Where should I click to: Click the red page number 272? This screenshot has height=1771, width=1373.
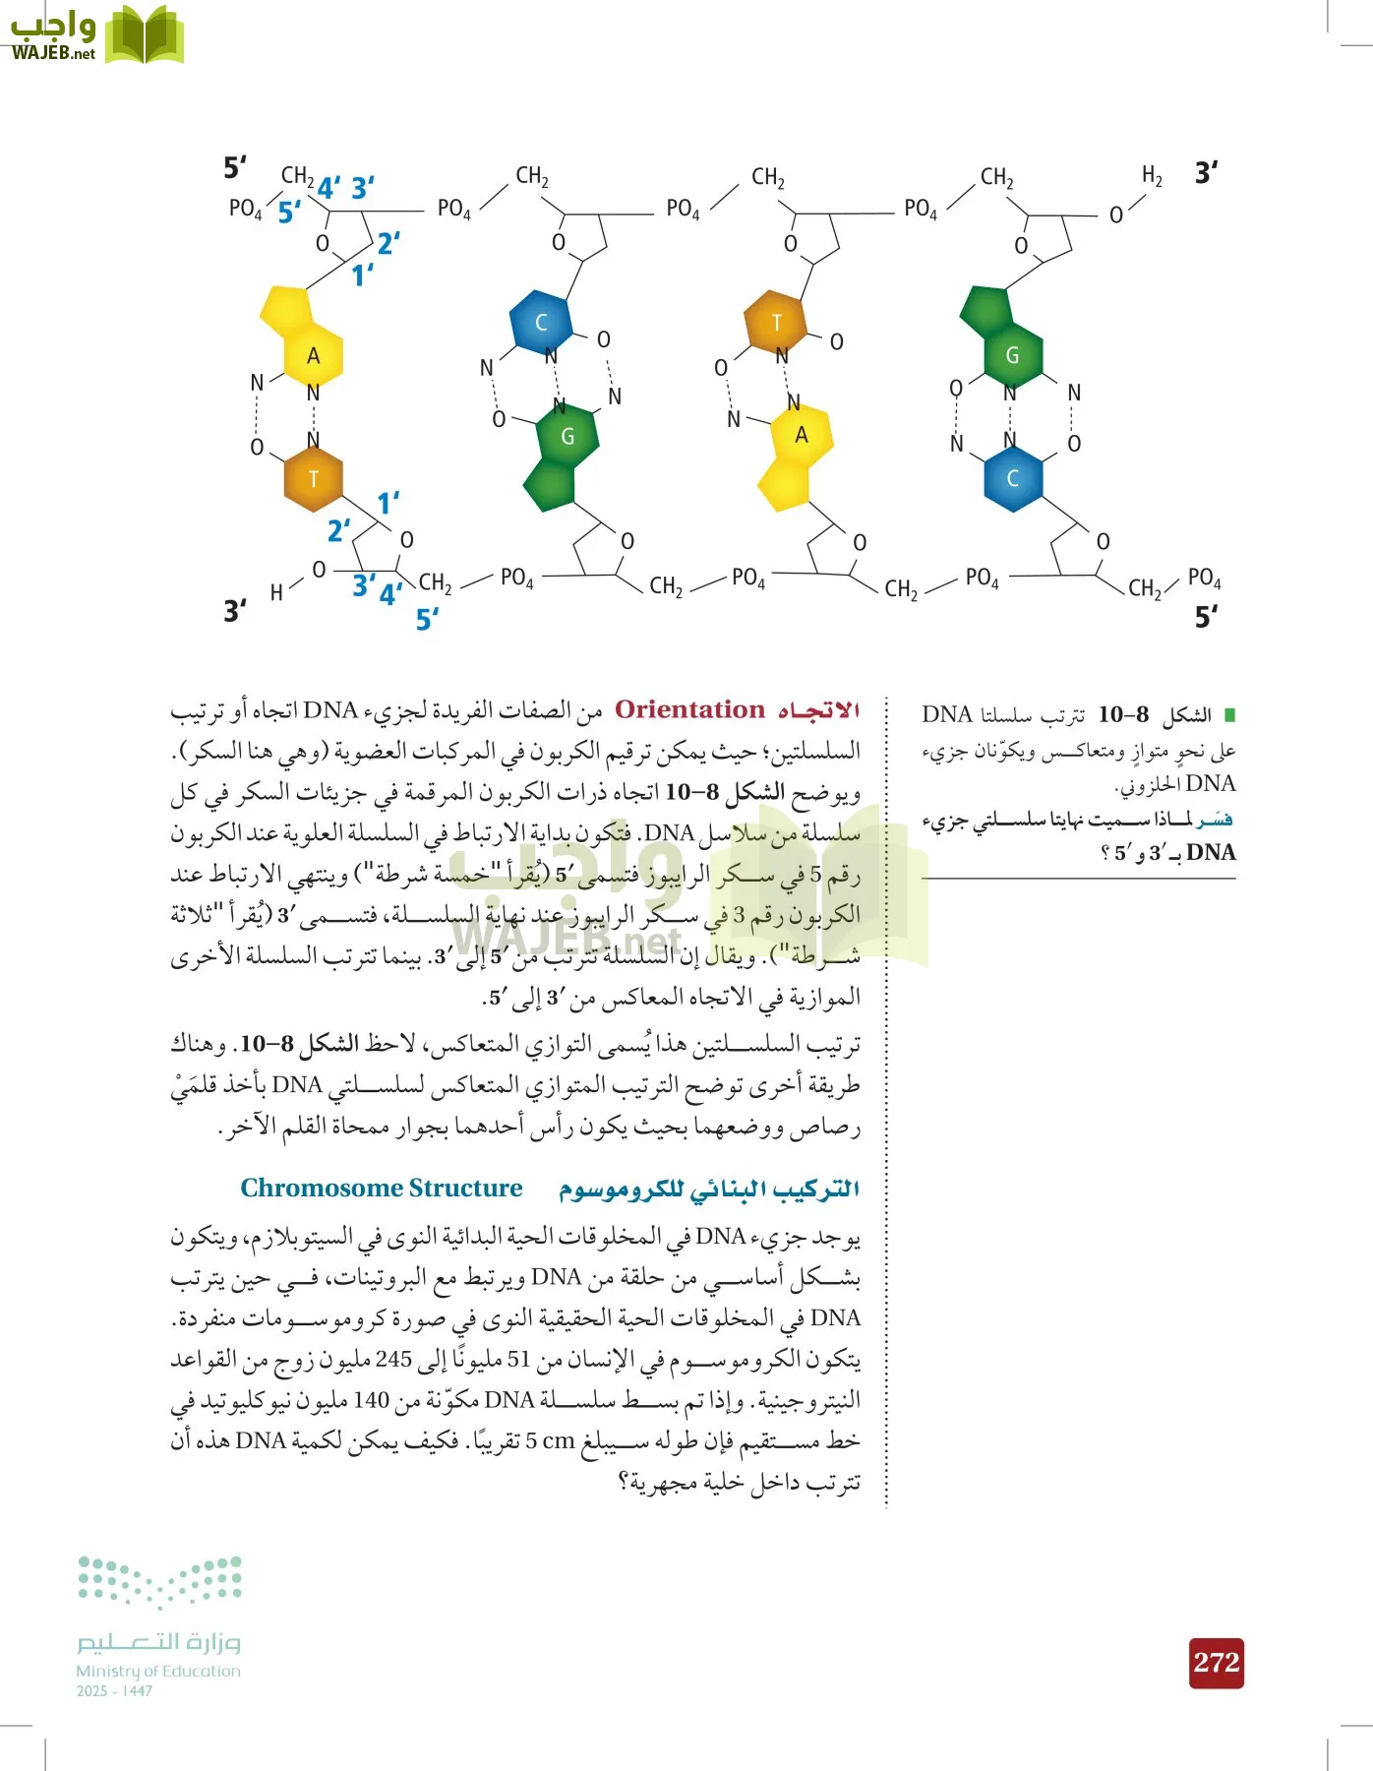(x=1217, y=1663)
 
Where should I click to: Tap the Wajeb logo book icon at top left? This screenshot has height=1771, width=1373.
(x=145, y=36)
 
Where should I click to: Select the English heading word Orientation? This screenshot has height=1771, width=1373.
(x=689, y=709)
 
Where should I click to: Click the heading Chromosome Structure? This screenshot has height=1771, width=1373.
(x=382, y=1189)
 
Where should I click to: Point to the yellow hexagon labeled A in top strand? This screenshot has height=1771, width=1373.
(x=314, y=356)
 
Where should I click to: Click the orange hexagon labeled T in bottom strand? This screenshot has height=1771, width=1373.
(x=313, y=479)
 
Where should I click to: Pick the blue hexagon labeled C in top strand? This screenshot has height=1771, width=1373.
(x=540, y=322)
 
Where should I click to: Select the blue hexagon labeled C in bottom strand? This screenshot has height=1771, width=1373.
(x=1012, y=479)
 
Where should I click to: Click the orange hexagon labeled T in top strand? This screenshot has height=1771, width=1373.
(x=776, y=322)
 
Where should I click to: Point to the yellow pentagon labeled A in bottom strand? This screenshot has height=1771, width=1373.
(x=802, y=434)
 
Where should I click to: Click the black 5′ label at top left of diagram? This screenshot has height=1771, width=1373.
(x=235, y=167)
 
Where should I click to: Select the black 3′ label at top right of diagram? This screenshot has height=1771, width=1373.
(x=1207, y=173)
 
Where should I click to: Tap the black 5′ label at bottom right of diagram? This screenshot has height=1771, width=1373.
(x=1207, y=617)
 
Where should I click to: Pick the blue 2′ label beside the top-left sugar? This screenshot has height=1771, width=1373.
(x=388, y=243)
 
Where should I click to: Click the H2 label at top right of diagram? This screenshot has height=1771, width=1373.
(x=1152, y=176)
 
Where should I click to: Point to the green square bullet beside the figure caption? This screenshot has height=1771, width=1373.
(x=1228, y=714)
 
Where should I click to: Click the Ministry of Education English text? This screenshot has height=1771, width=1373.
(x=158, y=1671)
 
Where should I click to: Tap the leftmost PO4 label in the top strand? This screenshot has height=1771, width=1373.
(x=245, y=209)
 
